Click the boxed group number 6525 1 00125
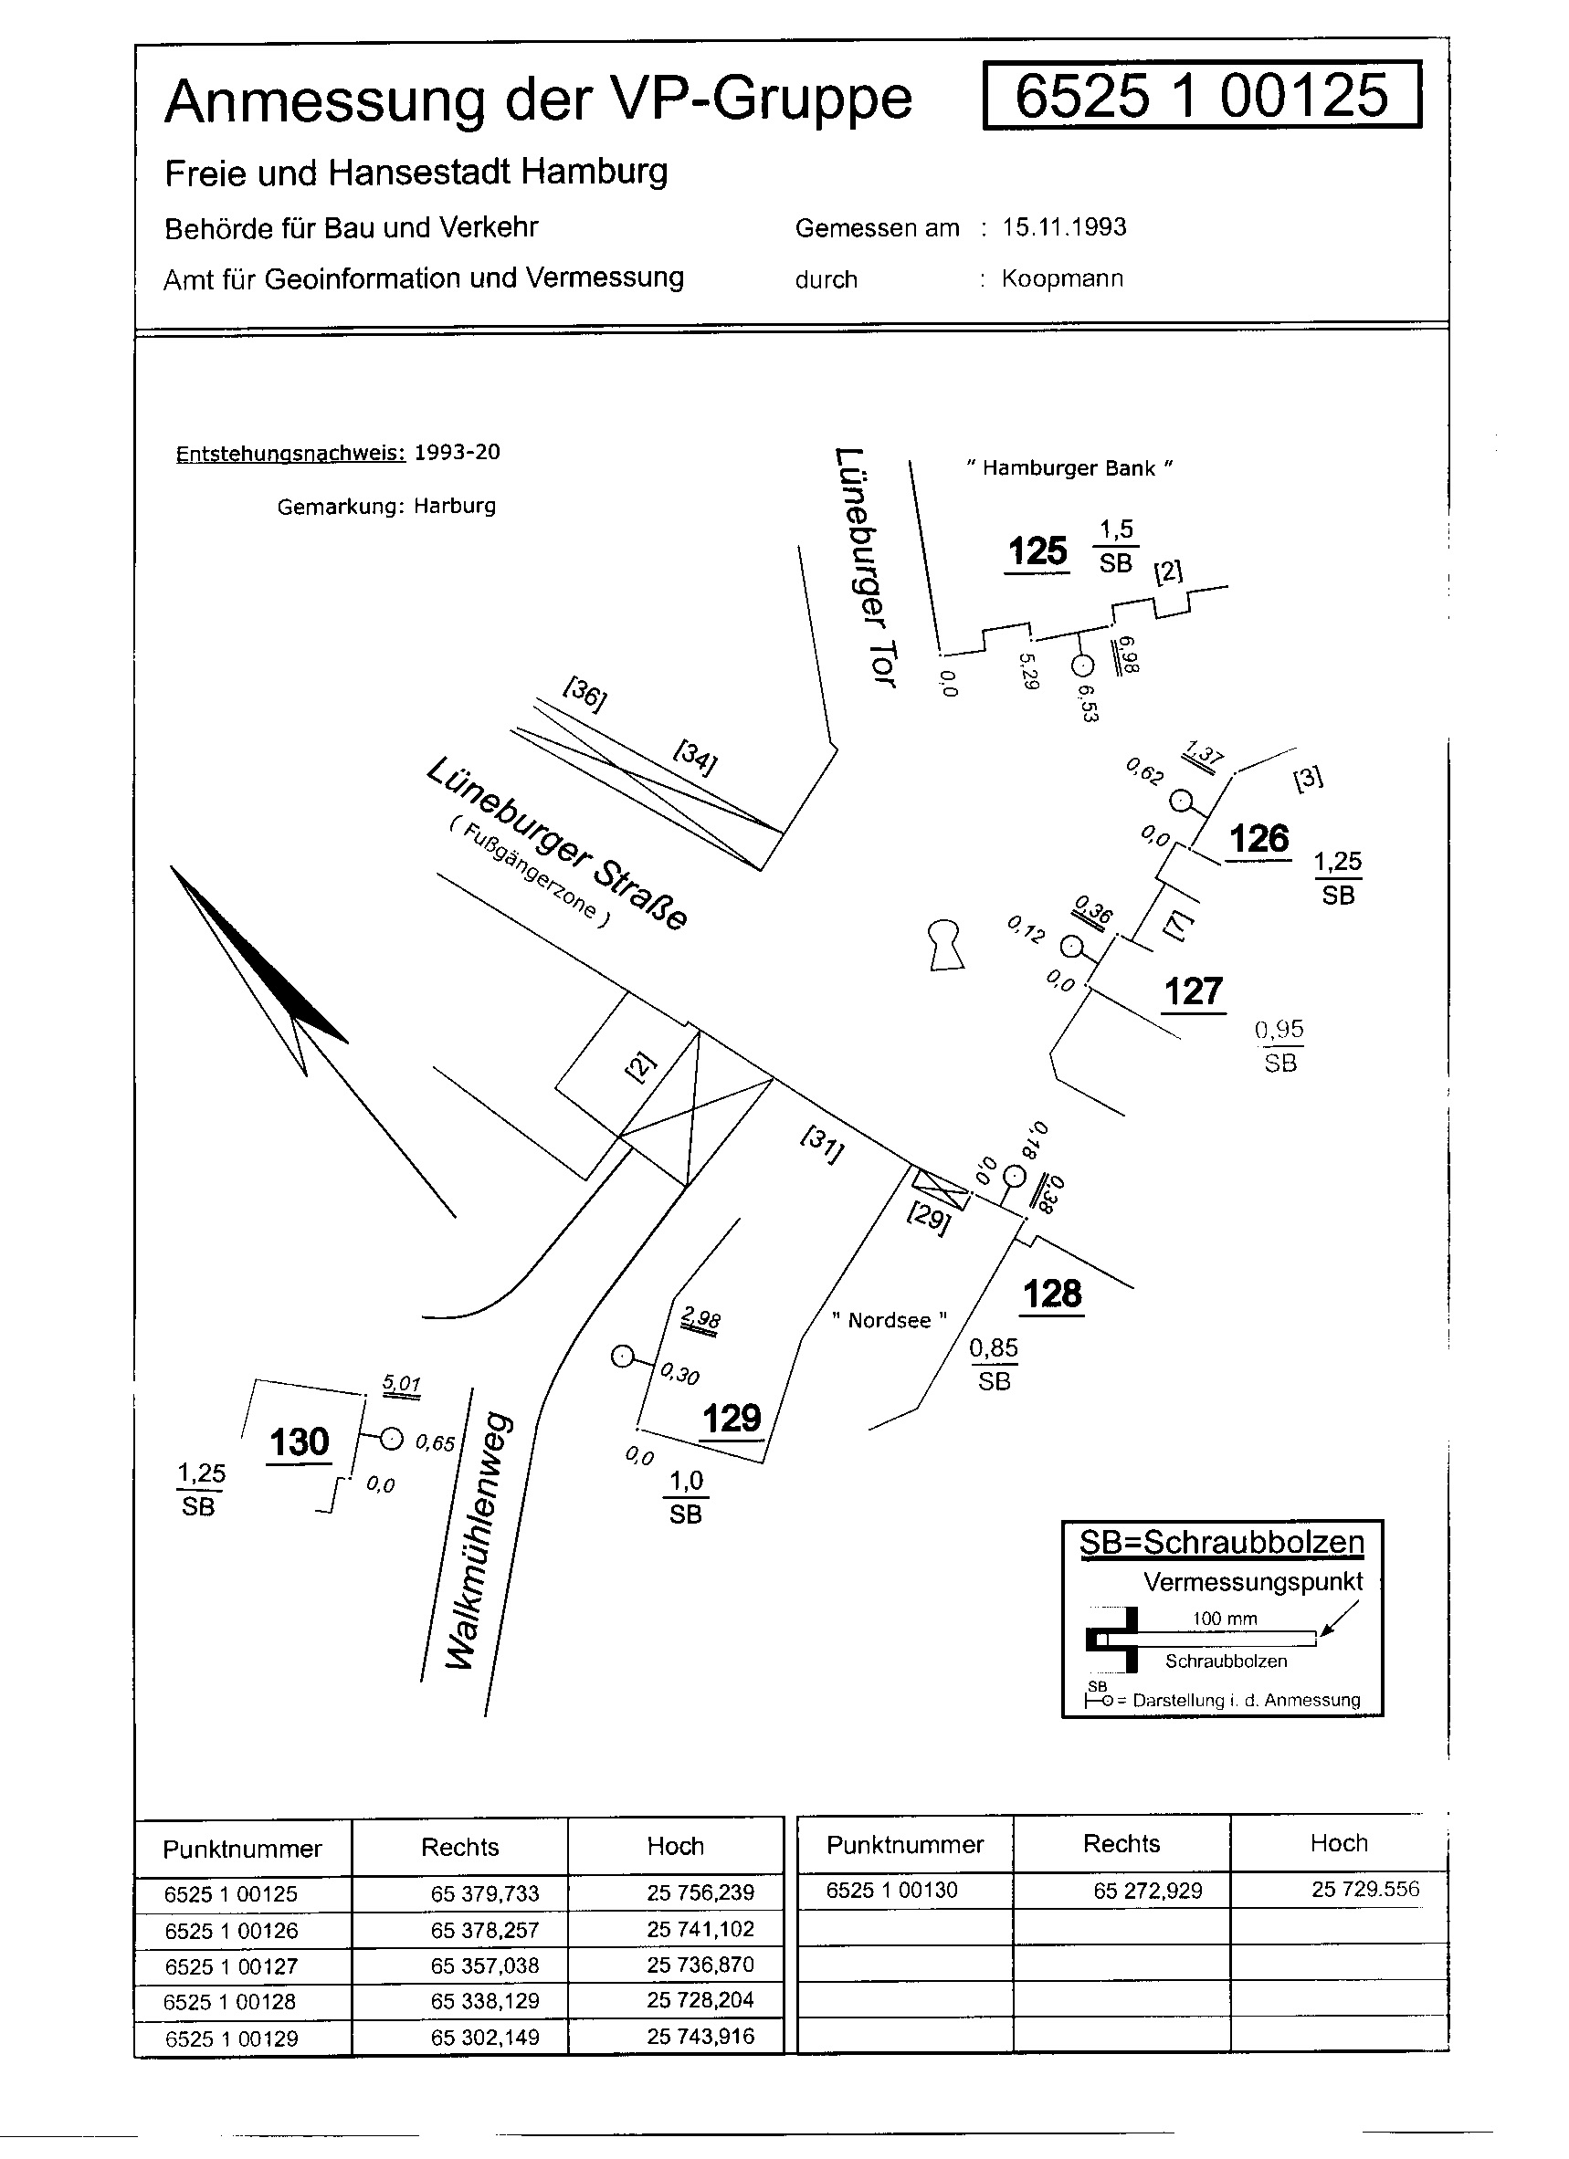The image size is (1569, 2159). [x=1201, y=95]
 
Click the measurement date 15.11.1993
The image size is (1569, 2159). [x=1063, y=227]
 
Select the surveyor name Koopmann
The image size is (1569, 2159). [x=1061, y=279]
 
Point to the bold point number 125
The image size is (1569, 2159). [x=1037, y=551]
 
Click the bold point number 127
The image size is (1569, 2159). [x=1193, y=992]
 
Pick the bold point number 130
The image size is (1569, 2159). [x=299, y=1442]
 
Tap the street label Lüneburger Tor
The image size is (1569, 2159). [x=865, y=566]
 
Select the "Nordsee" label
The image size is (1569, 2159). [x=890, y=1320]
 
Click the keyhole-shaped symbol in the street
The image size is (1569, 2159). [x=945, y=943]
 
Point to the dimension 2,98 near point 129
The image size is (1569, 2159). [x=701, y=1319]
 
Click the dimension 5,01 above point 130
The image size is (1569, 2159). [x=402, y=1384]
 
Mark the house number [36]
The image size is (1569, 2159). [x=584, y=693]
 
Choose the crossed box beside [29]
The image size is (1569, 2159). [x=941, y=1187]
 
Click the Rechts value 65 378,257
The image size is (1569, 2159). [x=485, y=1930]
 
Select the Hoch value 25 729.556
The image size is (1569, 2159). [x=1364, y=1890]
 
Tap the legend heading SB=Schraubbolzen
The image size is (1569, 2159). [x=1221, y=1542]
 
